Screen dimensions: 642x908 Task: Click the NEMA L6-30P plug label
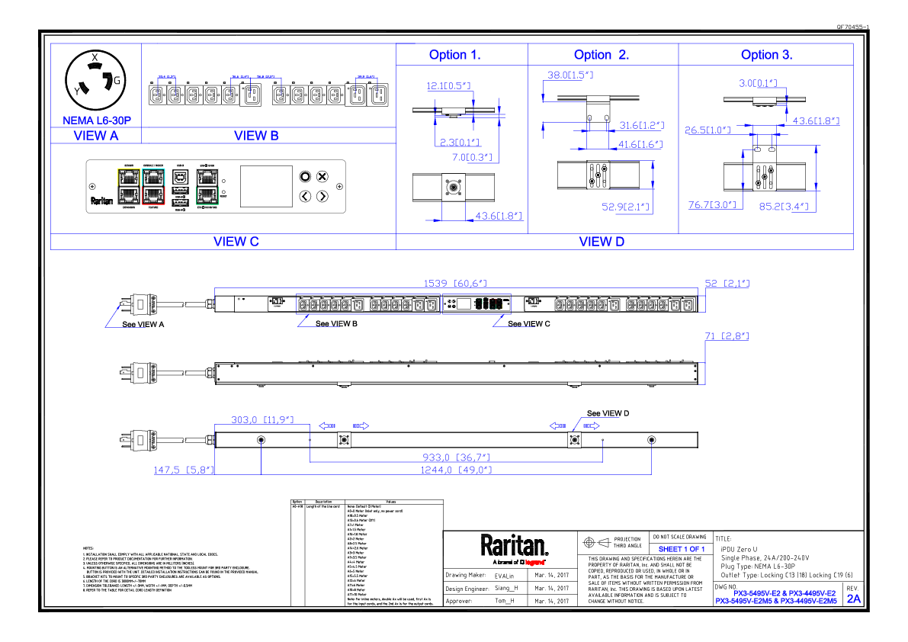coord(96,120)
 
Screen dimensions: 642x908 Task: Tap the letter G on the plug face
coord(117,80)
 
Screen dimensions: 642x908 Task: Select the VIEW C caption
coord(236,242)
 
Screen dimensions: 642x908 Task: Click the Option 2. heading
coord(602,55)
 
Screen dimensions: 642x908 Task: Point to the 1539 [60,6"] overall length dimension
coord(457,283)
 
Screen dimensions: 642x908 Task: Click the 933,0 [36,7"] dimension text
coord(456,457)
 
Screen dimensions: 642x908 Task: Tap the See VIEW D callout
coord(608,413)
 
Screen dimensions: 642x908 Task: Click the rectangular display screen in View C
coord(266,186)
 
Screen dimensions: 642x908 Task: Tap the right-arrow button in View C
coord(322,197)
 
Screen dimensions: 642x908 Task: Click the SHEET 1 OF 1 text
coord(681,549)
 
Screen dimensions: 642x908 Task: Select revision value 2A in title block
coord(853,599)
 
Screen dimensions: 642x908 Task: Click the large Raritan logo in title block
coord(514,546)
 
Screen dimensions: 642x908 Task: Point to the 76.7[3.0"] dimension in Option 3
coord(711,204)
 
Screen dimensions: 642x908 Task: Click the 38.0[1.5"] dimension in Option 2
coord(570,75)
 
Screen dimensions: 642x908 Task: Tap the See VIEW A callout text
coord(144,324)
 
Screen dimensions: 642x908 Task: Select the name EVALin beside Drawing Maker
coord(505,576)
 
